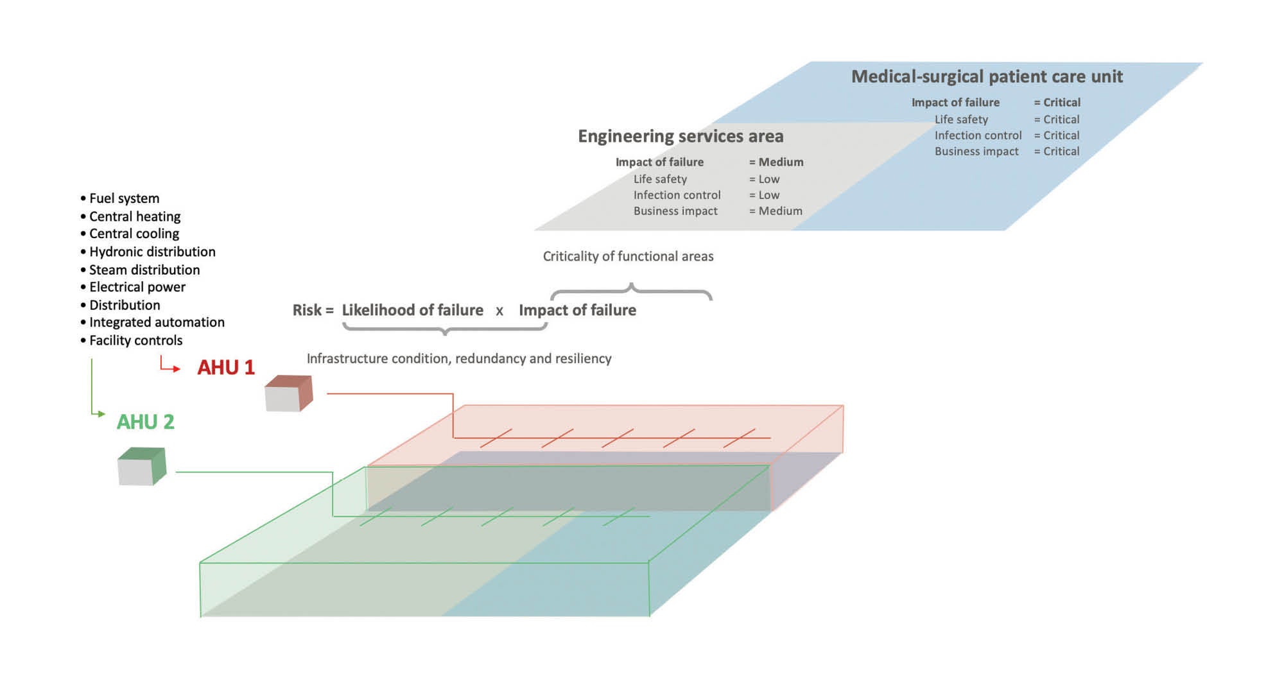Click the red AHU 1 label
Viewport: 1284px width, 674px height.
pyautogui.click(x=225, y=367)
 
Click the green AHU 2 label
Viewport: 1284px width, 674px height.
pyautogui.click(x=145, y=422)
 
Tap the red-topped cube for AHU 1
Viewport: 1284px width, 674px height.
pyautogui.click(x=288, y=393)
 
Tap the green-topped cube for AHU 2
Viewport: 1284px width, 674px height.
pyautogui.click(x=141, y=467)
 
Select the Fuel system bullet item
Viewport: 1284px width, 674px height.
pyautogui.click(x=124, y=198)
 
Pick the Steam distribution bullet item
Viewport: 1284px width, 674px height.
pyautogui.click(x=144, y=270)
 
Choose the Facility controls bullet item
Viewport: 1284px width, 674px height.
pyautogui.click(x=135, y=340)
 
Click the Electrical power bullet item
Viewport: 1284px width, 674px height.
pyautogui.click(x=137, y=287)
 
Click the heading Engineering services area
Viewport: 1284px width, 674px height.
pyautogui.click(x=681, y=136)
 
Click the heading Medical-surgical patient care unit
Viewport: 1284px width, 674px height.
pyautogui.click(x=987, y=76)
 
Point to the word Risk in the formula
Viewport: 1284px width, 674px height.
pyautogui.click(x=307, y=310)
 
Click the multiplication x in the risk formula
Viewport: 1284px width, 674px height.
pyautogui.click(x=499, y=311)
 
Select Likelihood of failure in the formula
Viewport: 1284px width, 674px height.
pyautogui.click(x=412, y=310)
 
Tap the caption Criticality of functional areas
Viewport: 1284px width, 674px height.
pyautogui.click(x=628, y=256)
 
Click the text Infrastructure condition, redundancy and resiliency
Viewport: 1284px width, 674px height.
pyautogui.click(x=459, y=358)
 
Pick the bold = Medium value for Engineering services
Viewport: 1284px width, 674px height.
pyautogui.click(x=776, y=162)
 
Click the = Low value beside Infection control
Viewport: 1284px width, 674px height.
pyautogui.click(x=764, y=195)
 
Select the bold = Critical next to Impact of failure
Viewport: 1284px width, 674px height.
pyautogui.click(x=1057, y=102)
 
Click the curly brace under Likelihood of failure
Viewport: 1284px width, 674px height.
pyautogui.click(x=444, y=329)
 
